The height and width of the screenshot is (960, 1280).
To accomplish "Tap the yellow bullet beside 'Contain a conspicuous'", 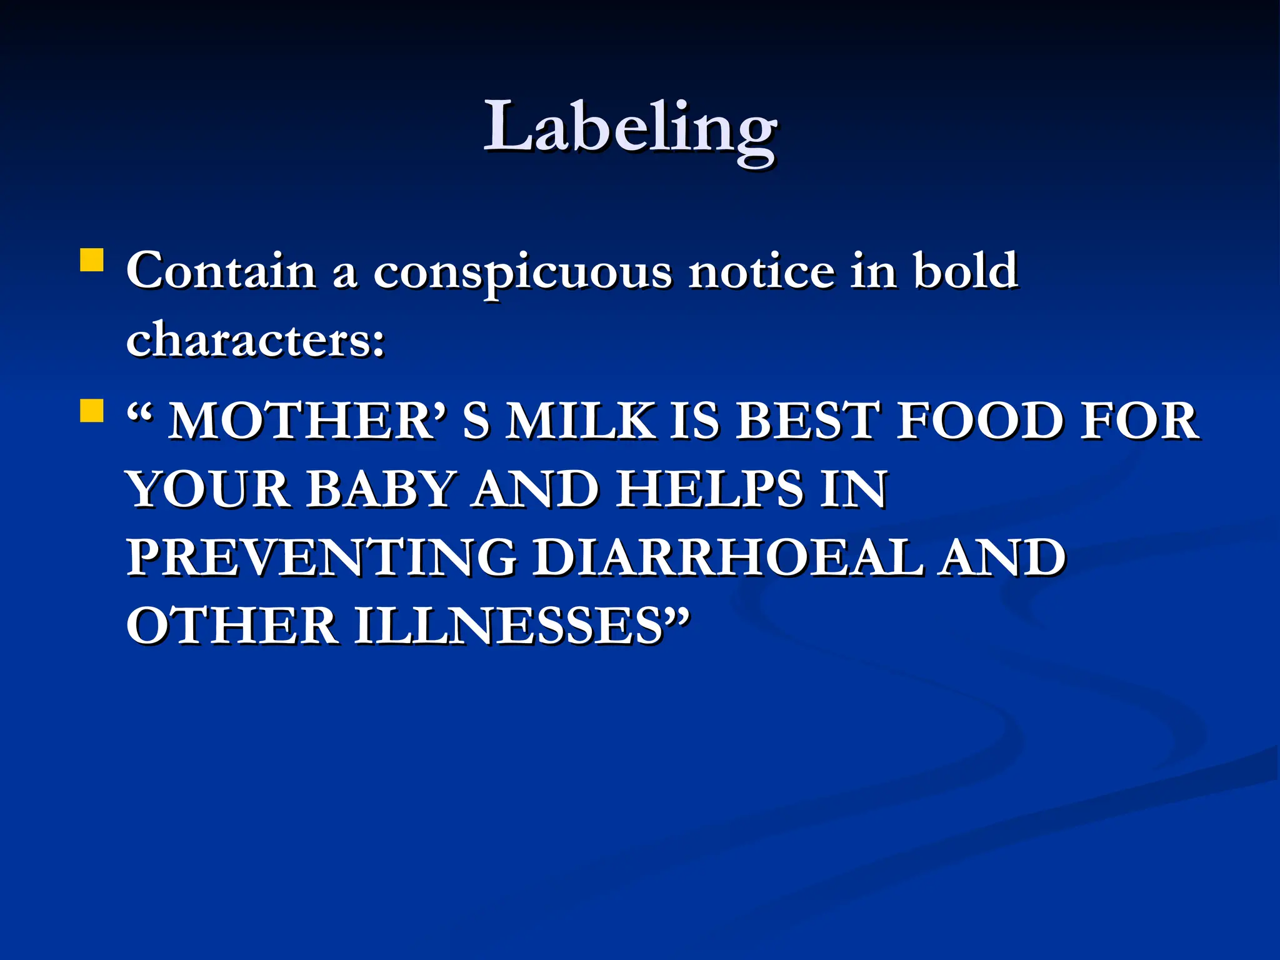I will [92, 260].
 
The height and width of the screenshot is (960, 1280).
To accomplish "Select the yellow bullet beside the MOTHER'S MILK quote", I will [92, 411].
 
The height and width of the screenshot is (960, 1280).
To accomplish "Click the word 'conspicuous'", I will [522, 272].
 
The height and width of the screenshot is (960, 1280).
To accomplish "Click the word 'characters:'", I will [256, 340].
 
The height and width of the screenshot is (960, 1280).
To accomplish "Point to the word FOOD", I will [980, 421].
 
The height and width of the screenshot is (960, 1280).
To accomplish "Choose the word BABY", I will [379, 489].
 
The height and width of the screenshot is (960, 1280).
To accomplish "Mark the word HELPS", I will [710, 489].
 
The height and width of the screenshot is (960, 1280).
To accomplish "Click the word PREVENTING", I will [322, 558].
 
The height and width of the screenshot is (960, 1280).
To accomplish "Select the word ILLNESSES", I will [510, 626].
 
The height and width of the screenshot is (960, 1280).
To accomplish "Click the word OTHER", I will [232, 626].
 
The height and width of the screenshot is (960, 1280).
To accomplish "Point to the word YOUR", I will [209, 489].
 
